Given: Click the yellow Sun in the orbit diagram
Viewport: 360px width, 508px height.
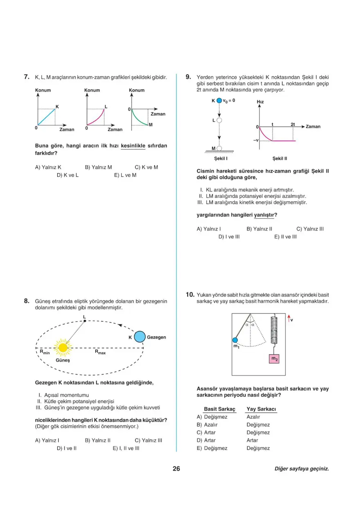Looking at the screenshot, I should (x=63, y=348).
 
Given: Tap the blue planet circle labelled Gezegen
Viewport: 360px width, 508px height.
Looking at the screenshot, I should (x=140, y=337).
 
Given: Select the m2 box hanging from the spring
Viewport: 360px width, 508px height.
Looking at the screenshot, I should (x=274, y=359).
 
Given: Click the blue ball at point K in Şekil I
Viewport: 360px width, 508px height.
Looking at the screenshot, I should (x=219, y=100).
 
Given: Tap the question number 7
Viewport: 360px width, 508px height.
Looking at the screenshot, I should (x=26, y=76).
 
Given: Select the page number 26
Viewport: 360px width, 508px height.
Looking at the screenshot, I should (x=176, y=469).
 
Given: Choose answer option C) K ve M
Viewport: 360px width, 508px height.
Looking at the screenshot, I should (x=146, y=167).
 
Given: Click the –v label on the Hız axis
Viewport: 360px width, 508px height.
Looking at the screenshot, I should (x=256, y=140).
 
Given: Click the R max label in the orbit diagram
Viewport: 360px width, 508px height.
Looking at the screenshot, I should (x=100, y=352).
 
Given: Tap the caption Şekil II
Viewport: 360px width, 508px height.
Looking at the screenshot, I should (x=280, y=158).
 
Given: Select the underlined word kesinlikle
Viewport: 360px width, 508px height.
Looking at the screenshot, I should (x=133, y=146).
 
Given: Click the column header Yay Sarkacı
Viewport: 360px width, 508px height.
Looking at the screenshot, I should (x=261, y=409).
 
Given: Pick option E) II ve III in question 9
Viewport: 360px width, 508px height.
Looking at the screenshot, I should (x=285, y=236).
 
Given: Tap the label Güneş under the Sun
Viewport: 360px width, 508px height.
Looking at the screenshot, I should (x=63, y=361).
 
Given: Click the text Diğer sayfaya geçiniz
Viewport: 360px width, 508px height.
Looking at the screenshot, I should (x=301, y=469).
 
